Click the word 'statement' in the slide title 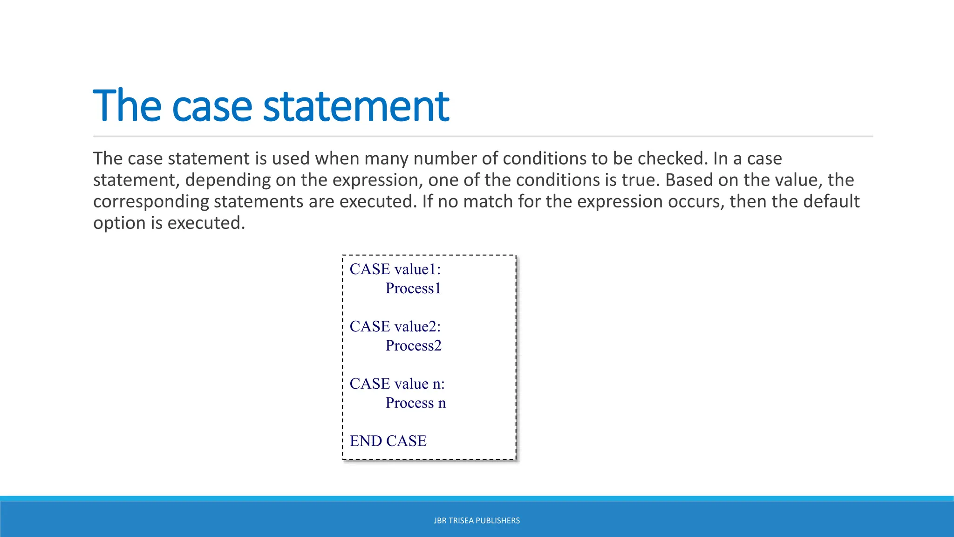click(356, 106)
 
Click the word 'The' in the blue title click(127, 106)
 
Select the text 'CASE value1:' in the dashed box click(395, 269)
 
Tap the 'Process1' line click(413, 288)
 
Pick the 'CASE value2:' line click(395, 326)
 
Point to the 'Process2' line click(413, 345)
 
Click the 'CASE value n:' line click(397, 384)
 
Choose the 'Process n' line click(416, 403)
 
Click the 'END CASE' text click(388, 441)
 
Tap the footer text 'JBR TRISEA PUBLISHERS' click(477, 521)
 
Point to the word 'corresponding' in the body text click(151, 201)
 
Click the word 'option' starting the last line click(119, 223)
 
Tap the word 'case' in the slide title click(212, 106)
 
